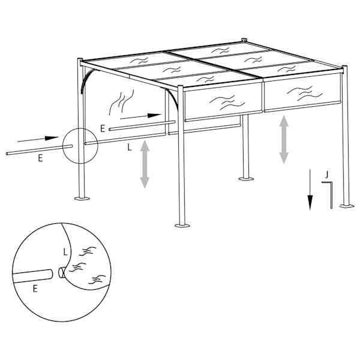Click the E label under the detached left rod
[x=40, y=158]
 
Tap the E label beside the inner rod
[x=103, y=128]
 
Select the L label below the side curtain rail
[x=130, y=148]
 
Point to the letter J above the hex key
[x=327, y=175]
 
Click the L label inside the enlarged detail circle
[x=65, y=252]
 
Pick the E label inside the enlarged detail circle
[x=35, y=289]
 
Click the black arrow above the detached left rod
[x=38, y=139]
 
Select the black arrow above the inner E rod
[x=141, y=116]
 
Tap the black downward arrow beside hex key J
[x=310, y=190]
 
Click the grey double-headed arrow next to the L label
[x=145, y=164]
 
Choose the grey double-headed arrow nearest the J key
[x=284, y=139]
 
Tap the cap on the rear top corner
[x=244, y=40]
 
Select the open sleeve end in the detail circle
[x=61, y=273]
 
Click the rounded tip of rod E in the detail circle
[x=51, y=274]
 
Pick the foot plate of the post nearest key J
[x=347, y=206]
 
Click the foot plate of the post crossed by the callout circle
[x=82, y=199]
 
